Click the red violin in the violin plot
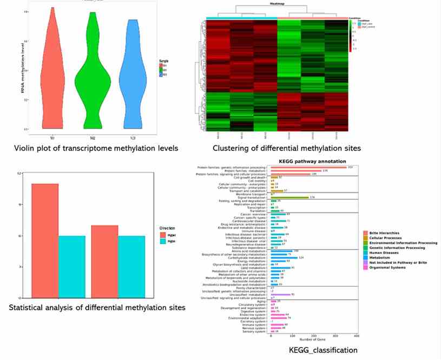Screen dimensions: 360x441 pos(52,81)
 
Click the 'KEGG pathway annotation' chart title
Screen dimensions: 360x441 pos(307,161)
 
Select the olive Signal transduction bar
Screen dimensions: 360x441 pos(289,197)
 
